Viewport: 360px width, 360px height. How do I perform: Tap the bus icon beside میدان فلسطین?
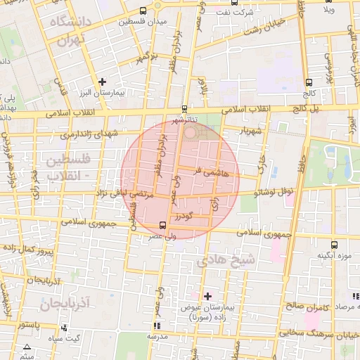(x=144, y=11)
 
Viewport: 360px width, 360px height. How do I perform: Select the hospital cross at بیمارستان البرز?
(x=103, y=82)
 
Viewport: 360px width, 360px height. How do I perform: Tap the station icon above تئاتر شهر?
(x=184, y=108)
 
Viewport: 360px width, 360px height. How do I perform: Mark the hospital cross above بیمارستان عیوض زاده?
(x=207, y=296)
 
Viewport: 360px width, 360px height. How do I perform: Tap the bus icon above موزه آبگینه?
(x=333, y=245)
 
